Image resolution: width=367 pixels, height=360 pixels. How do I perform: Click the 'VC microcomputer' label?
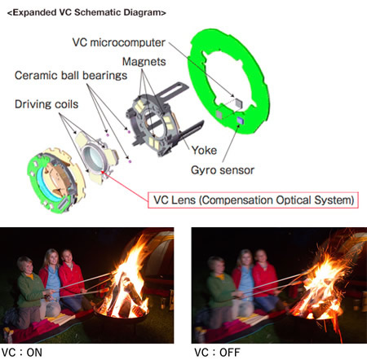click(119, 42)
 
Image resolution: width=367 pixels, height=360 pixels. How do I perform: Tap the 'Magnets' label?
click(144, 62)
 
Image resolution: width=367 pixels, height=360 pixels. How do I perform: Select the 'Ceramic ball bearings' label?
click(71, 76)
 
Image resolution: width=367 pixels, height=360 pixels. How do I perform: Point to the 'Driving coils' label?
click(46, 104)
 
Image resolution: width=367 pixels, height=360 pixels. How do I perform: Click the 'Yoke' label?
click(204, 150)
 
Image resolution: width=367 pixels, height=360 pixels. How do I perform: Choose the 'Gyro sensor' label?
click(223, 170)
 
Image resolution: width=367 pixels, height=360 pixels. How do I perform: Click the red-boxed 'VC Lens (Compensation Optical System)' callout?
click(253, 200)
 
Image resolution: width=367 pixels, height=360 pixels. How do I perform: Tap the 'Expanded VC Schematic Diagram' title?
click(86, 12)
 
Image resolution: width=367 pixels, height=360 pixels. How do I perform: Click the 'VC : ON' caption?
click(22, 353)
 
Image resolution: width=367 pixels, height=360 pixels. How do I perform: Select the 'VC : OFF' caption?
click(217, 353)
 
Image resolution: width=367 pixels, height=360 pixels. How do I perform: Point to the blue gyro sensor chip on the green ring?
click(241, 120)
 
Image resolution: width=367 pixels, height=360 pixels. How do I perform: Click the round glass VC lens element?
click(93, 158)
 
